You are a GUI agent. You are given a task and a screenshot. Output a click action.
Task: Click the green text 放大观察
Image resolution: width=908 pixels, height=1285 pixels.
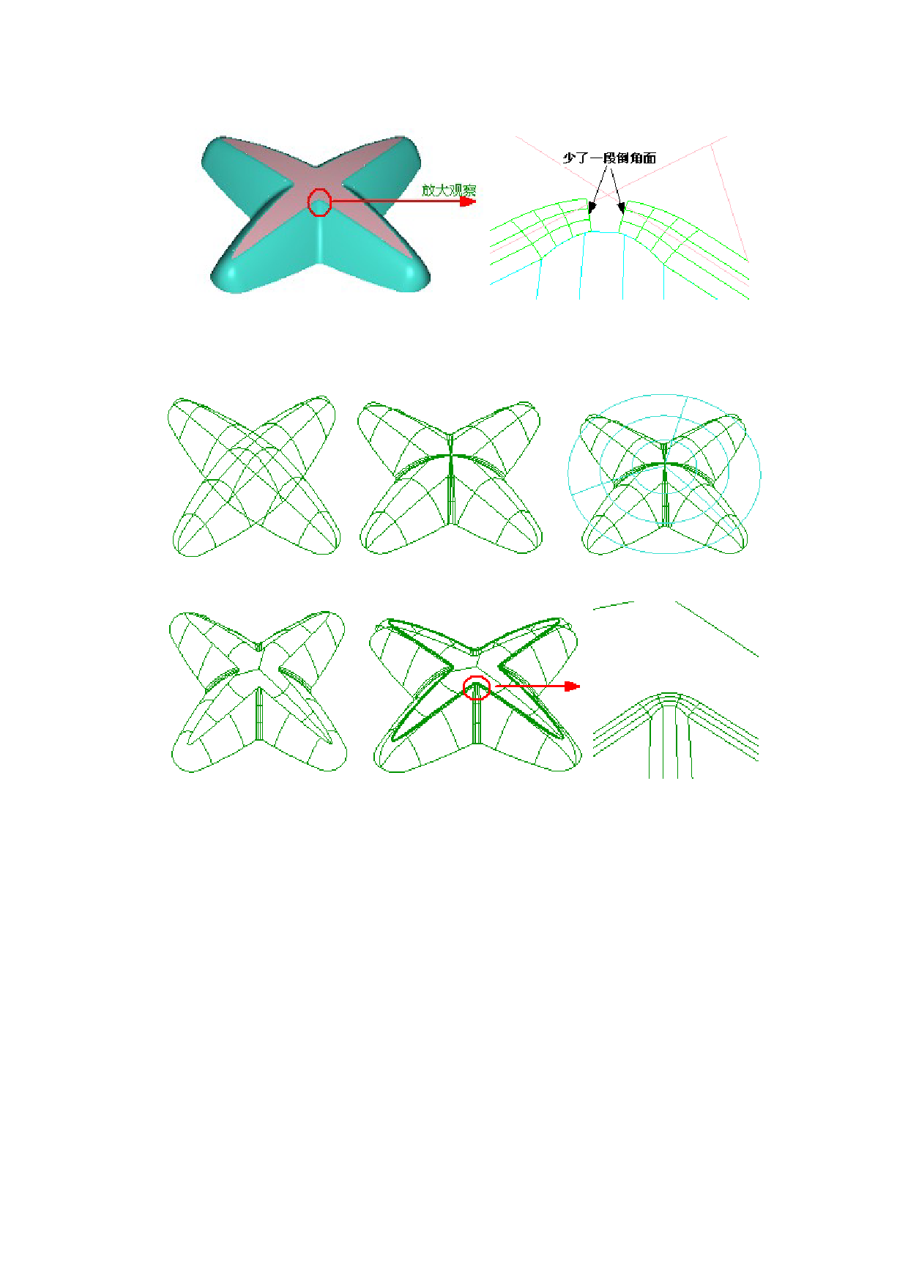click(x=449, y=190)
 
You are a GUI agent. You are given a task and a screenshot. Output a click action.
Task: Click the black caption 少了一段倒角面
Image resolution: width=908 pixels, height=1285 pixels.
click(x=609, y=158)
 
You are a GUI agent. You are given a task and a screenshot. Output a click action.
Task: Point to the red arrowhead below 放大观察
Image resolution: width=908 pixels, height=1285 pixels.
click(x=467, y=201)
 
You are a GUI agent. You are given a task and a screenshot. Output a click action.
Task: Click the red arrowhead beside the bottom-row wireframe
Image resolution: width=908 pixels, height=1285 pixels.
click(x=572, y=686)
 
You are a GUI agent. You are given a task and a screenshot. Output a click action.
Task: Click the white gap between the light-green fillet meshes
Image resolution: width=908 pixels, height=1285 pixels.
click(x=606, y=218)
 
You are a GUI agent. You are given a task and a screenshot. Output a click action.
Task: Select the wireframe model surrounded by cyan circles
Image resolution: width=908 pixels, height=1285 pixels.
click(x=665, y=484)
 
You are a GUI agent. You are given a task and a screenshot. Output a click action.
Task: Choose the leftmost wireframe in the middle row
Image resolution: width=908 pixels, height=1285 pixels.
click(x=253, y=476)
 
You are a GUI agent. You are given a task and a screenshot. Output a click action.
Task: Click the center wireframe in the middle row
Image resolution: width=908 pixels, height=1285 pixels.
click(x=450, y=477)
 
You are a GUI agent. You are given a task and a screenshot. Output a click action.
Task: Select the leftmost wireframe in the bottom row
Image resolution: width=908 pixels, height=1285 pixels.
click(x=258, y=691)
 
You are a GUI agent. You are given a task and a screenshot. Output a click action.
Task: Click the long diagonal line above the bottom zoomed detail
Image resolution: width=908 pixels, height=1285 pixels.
click(x=716, y=629)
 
